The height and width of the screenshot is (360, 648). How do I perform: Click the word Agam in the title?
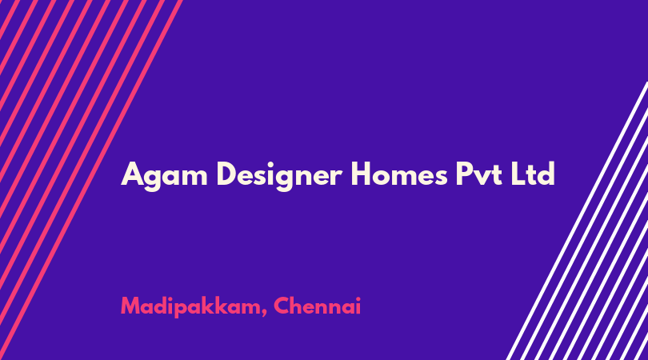tap(164, 176)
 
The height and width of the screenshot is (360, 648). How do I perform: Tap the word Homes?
tap(399, 174)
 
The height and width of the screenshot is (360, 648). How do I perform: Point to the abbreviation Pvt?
tap(478, 174)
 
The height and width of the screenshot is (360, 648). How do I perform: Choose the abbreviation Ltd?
tap(533, 174)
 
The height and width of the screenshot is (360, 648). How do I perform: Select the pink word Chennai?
tap(317, 306)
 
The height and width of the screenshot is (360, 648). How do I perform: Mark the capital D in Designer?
tap(227, 174)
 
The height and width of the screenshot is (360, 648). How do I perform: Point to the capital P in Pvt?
tap(464, 174)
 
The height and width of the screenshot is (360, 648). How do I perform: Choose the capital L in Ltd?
tap(518, 174)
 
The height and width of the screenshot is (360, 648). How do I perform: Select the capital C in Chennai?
tap(282, 306)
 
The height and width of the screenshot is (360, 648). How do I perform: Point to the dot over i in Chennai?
tap(358, 298)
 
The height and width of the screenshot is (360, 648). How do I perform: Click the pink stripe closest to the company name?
tap(91, 180)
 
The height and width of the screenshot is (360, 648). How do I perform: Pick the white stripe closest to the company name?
tap(577, 221)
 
